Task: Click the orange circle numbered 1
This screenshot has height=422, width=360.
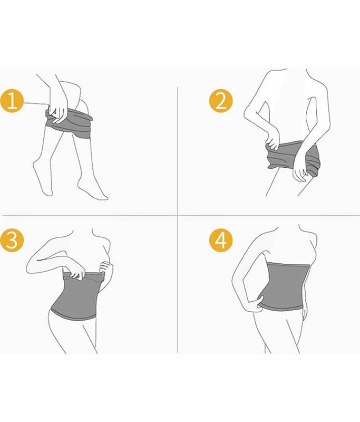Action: click(x=12, y=101)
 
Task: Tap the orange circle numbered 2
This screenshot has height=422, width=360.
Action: click(x=221, y=101)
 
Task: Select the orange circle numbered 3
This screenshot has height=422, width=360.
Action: click(x=12, y=241)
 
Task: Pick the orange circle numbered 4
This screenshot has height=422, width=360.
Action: click(x=221, y=241)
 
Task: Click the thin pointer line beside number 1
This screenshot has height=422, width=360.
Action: click(x=36, y=103)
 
